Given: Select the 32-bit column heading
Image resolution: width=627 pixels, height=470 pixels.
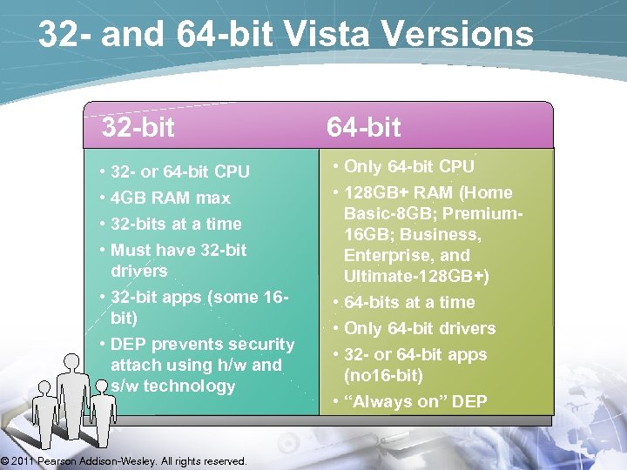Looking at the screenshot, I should [x=138, y=128].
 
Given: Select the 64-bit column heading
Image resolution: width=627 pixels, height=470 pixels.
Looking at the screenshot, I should [x=363, y=128].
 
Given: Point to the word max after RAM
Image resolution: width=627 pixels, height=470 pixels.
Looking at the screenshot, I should [x=213, y=198].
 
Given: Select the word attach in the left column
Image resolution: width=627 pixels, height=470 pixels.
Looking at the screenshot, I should [x=138, y=365].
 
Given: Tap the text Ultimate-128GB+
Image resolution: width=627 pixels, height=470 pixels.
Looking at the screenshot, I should [x=416, y=276].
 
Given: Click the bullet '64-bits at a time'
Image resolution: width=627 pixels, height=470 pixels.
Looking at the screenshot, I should [x=409, y=302].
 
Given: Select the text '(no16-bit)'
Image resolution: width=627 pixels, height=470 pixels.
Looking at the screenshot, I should [x=383, y=375].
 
